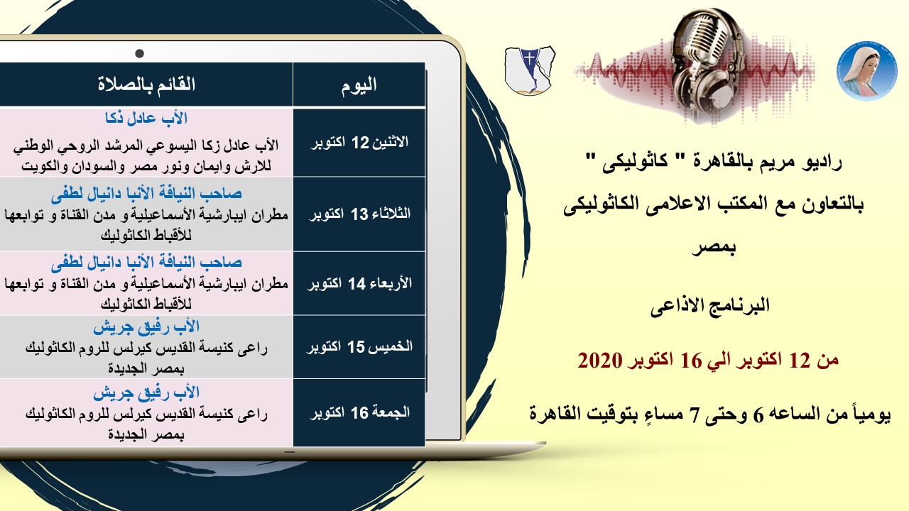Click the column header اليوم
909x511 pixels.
point(359,85)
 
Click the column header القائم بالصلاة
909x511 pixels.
point(146,84)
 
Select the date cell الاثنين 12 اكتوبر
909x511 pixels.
point(359,143)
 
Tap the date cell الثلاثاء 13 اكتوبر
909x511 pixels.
point(359,214)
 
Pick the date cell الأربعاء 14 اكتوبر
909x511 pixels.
point(359,283)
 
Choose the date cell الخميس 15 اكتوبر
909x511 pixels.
point(359,347)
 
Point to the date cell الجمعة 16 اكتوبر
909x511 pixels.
point(359,412)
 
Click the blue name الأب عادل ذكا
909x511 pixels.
point(146,118)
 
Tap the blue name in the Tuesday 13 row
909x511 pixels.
point(146,194)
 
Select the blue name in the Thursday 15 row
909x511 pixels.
point(146,327)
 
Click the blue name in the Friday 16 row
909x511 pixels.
point(146,393)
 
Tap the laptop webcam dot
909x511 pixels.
point(140,53)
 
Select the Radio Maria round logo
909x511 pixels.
point(867,71)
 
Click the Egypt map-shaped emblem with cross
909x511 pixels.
point(530,70)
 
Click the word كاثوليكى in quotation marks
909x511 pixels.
point(635,163)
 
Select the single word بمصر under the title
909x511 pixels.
point(714,246)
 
